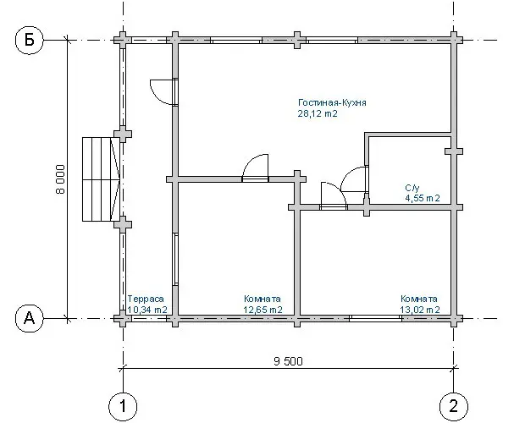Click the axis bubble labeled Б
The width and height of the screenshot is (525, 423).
coord(30,40)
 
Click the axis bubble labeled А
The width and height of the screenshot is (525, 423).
coord(30,318)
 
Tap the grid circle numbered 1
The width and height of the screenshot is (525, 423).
coord(123,407)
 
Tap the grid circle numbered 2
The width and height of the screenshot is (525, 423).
coord(453,407)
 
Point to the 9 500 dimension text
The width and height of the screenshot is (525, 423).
coord(288,361)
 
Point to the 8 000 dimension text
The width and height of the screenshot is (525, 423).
coord(60,179)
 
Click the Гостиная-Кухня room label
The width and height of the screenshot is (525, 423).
coord(332,102)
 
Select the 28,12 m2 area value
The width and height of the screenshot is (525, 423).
coord(318,113)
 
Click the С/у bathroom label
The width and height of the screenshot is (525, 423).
coord(412,188)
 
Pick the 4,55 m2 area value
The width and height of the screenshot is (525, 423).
coord(423,198)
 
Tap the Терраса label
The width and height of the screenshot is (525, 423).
coord(146,299)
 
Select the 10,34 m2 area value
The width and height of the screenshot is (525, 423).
coord(147,310)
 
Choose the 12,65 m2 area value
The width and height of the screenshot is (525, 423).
coord(262,310)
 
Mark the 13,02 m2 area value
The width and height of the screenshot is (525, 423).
coord(420,310)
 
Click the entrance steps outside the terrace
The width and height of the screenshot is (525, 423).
coord(101,179)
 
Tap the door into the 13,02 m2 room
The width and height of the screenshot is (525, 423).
coord(334,195)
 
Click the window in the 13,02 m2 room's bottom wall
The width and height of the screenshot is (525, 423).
coord(375,318)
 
